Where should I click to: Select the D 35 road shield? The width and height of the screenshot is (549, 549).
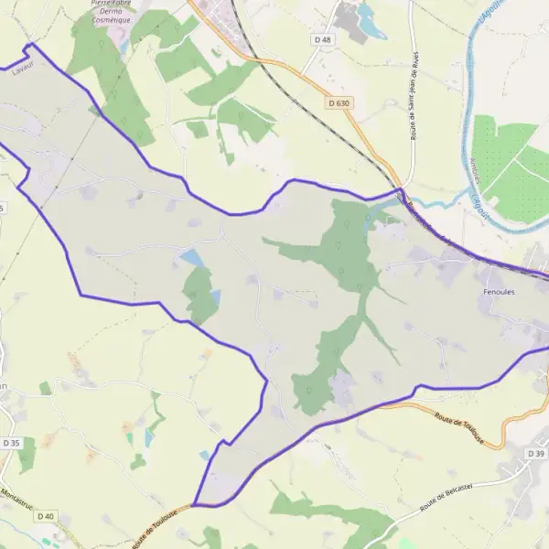11,443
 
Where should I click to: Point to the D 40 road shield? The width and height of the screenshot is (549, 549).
46,516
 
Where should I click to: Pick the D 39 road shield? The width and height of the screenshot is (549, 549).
536,453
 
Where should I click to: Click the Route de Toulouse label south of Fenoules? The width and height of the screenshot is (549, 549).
459,428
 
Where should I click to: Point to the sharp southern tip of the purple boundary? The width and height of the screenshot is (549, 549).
194,504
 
